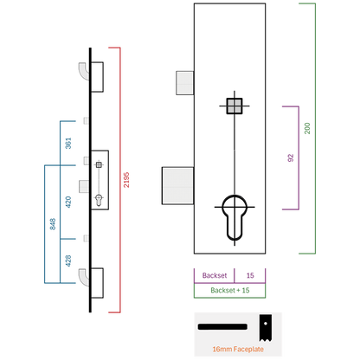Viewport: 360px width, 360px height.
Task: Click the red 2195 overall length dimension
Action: (x=126, y=180)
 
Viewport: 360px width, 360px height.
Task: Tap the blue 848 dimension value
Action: (x=53, y=224)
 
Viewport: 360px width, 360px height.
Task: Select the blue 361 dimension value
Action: (x=68, y=144)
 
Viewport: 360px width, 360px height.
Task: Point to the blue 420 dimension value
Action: (x=68, y=202)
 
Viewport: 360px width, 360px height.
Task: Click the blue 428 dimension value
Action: (x=68, y=260)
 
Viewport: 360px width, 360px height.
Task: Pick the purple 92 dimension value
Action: (x=291, y=157)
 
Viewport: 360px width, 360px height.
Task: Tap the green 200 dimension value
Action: (x=307, y=128)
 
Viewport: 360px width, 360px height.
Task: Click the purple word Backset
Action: (x=215, y=275)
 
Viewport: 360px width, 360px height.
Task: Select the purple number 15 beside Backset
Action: (x=250, y=275)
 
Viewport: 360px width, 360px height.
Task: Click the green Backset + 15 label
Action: (x=230, y=290)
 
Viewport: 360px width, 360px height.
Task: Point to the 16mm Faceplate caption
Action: (x=238, y=349)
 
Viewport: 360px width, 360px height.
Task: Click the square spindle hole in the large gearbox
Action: (x=235, y=106)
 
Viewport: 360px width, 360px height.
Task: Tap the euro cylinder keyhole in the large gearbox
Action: (x=235, y=217)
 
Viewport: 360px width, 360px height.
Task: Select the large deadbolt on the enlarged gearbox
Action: (x=177, y=186)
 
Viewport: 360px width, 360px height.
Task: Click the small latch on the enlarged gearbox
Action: (x=184, y=83)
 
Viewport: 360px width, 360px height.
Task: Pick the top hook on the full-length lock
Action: (x=84, y=71)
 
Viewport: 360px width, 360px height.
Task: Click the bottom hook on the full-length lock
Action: (x=84, y=277)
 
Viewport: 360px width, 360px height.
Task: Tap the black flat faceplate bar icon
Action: (x=222, y=327)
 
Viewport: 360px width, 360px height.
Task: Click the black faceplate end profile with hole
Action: (x=265, y=328)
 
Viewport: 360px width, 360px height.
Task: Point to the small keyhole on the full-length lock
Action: (x=99, y=200)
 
